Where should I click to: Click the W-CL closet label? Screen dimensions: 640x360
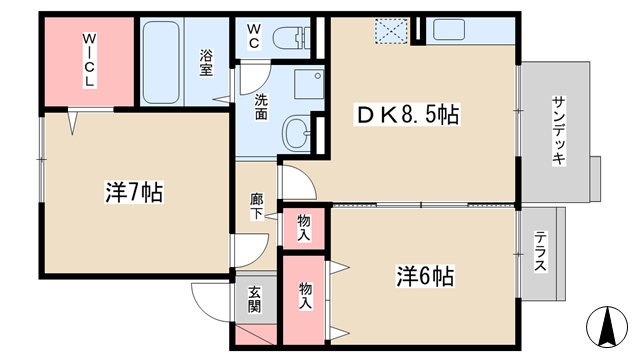(x=89, y=60)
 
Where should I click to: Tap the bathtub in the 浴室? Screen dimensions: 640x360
(x=161, y=62)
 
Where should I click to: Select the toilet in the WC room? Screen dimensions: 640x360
(x=291, y=38)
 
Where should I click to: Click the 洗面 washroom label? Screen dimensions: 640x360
(x=261, y=107)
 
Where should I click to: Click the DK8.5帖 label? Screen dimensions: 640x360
(x=407, y=115)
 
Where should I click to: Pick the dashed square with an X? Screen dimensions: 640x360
(x=391, y=31)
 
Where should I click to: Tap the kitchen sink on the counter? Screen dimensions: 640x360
(x=449, y=30)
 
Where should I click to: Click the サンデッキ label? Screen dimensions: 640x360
(x=559, y=131)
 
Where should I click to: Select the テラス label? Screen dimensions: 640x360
(x=541, y=251)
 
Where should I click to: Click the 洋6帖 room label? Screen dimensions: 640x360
(x=425, y=276)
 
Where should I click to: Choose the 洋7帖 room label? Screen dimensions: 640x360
(x=134, y=192)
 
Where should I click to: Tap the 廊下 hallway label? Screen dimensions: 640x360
(x=257, y=207)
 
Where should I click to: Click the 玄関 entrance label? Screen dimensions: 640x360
(x=255, y=300)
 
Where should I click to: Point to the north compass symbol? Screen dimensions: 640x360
(x=607, y=327)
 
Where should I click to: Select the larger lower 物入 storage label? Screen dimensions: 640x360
(x=306, y=295)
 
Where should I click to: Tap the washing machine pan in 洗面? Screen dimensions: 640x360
(x=309, y=84)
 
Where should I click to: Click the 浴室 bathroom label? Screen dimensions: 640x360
(x=206, y=62)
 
